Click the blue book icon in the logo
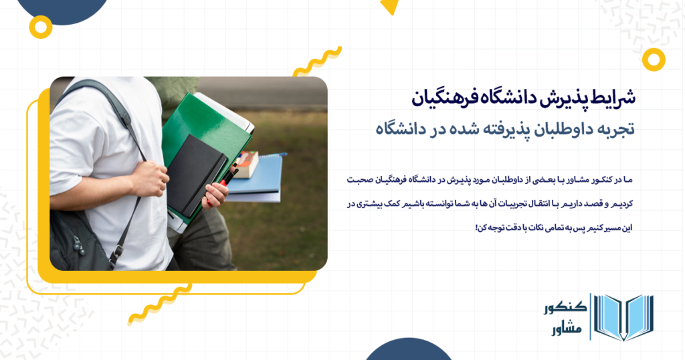point(623,317)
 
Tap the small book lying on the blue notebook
point(246,163)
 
